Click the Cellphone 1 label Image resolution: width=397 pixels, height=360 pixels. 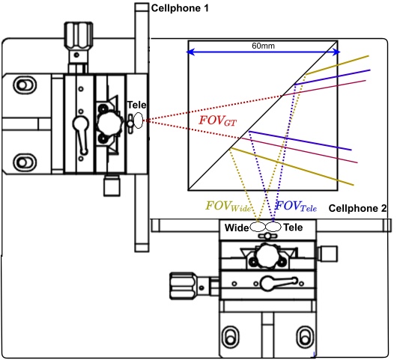coord(180,8)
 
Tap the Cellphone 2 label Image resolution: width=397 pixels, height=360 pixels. coord(357,209)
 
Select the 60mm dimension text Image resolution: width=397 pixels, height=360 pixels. coord(263,46)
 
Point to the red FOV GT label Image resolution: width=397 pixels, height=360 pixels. coord(217,120)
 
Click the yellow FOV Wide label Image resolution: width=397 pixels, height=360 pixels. coord(228,206)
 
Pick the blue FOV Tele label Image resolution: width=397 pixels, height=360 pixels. coord(296,206)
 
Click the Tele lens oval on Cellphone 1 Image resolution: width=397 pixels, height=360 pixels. coord(138,120)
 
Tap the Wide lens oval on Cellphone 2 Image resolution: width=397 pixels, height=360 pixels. coord(258,227)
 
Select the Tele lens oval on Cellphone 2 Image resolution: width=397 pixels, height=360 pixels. coord(273,227)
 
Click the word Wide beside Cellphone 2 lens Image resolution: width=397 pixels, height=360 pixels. coord(237,228)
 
